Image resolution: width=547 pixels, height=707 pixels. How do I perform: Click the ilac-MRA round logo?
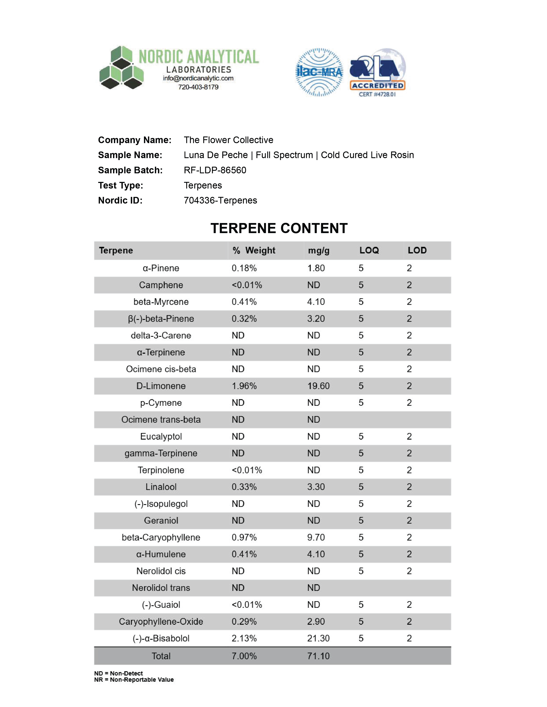319,72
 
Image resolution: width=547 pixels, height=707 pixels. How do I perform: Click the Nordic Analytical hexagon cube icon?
121,68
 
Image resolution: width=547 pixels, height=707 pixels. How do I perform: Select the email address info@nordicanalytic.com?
198,78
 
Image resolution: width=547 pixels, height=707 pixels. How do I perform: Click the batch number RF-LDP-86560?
215,170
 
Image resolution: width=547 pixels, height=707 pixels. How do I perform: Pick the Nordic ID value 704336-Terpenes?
220,200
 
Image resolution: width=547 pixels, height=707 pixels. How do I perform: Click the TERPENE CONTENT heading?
279,228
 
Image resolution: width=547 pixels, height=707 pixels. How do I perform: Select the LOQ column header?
369,250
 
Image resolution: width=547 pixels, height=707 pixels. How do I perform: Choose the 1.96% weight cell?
244,386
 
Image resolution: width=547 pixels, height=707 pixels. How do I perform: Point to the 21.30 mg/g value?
318,638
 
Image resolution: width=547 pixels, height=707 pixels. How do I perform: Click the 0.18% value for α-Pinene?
244,268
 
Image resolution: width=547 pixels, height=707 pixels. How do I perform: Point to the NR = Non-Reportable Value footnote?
134,680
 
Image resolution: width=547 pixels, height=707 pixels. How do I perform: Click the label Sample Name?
130,155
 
